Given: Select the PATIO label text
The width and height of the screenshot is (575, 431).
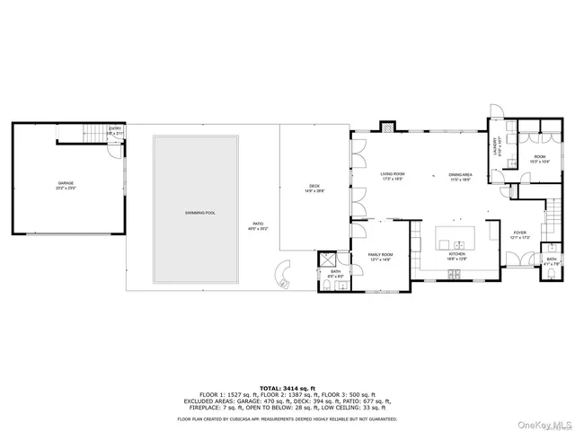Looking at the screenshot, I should pyautogui.click(x=257, y=224).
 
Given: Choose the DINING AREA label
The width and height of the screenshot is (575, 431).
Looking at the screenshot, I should pyautogui.click(x=461, y=176).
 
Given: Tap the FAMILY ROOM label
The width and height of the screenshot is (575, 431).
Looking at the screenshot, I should pyautogui.click(x=381, y=257).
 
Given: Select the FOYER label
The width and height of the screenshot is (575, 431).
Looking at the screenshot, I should pyautogui.click(x=519, y=233).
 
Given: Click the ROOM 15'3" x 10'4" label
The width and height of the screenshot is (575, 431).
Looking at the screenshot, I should pyautogui.click(x=539, y=159).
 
